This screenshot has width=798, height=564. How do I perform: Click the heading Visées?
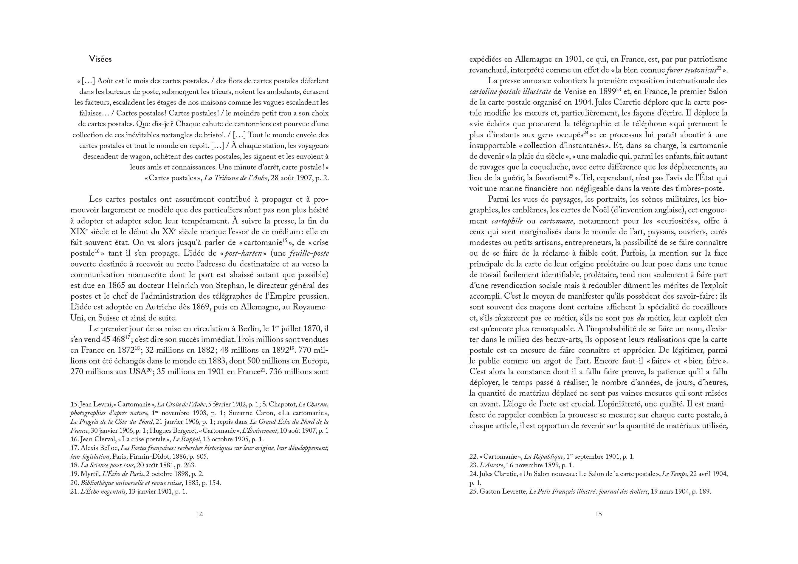point(100,59)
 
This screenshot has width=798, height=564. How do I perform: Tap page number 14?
point(199,514)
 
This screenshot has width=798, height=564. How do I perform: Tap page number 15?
point(598,514)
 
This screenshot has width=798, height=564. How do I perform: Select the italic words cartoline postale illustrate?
point(510,92)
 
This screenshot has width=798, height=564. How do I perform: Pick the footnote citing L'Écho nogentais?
point(128,491)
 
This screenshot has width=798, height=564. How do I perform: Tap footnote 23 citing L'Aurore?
point(521,465)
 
